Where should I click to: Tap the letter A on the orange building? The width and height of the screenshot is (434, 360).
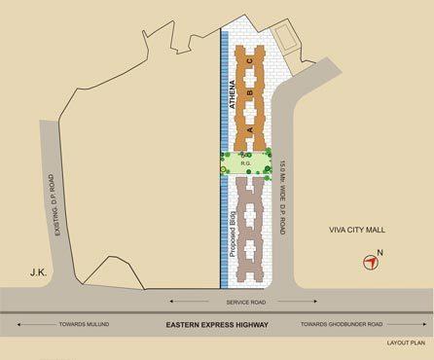coord(249,129)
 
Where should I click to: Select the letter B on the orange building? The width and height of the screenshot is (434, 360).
coord(249,94)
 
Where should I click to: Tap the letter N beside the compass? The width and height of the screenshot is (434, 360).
coord(380,254)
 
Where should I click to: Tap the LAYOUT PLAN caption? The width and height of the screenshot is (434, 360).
coord(407,343)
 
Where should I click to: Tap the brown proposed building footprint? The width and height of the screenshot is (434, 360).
coord(251,224)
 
